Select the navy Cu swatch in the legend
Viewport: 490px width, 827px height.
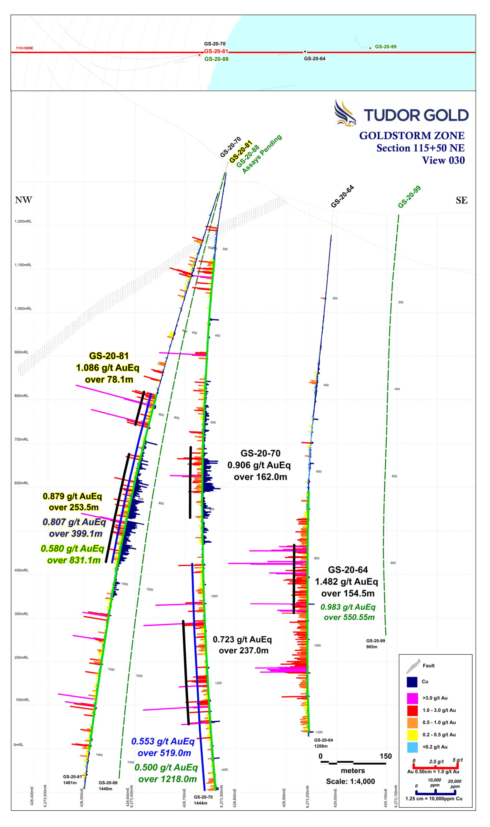[412, 681]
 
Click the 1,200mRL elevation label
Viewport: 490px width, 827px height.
[23, 221]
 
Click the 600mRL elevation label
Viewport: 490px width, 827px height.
[21, 483]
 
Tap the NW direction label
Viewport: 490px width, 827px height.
[24, 200]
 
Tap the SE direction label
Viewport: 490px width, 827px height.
[461, 200]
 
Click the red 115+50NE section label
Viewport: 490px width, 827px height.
[25, 48]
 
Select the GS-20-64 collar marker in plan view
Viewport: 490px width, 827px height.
[305, 52]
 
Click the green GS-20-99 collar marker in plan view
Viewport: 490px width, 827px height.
[370, 48]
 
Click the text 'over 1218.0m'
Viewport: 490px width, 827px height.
[167, 779]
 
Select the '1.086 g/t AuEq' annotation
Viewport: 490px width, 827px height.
[108, 368]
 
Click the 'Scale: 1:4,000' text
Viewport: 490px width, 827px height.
[350, 781]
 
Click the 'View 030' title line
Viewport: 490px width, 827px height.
[443, 161]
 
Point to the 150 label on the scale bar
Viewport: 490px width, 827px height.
[385, 756]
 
